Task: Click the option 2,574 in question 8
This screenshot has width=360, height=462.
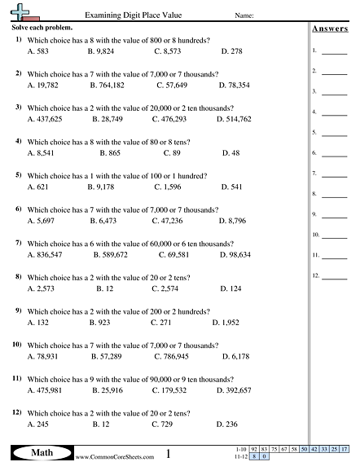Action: pyautogui.click(x=165, y=288)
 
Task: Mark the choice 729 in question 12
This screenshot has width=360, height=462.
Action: pyautogui.click(x=164, y=425)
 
